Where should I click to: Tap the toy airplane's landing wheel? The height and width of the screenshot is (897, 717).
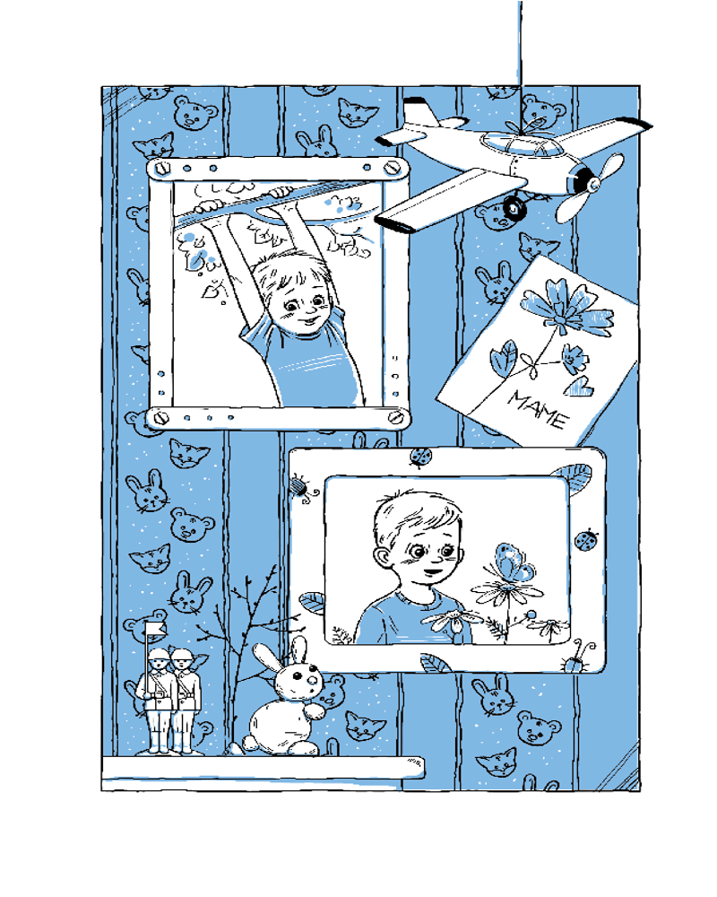tap(514, 207)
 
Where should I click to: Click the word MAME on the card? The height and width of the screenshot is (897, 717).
tap(538, 409)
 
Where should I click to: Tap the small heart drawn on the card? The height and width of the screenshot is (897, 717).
tap(581, 387)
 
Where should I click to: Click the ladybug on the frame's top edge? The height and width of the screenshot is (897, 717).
tap(420, 457)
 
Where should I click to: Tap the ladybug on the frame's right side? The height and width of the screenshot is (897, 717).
tap(586, 539)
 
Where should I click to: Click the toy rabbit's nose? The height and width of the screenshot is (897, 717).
tap(312, 680)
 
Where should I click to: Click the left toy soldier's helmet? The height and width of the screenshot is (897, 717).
tap(159, 655)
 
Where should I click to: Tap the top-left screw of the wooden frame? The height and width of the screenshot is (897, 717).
tap(163, 169)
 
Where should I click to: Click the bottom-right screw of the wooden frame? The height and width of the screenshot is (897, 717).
tap(396, 417)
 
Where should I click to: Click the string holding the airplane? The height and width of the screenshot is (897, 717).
tap(520, 57)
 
